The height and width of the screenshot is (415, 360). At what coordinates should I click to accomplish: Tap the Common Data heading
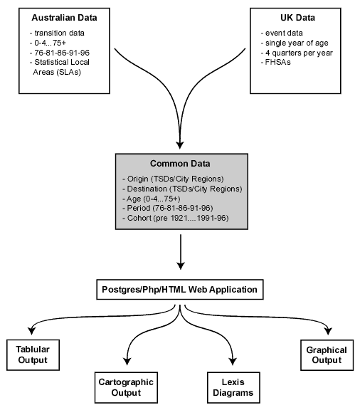click(x=179, y=162)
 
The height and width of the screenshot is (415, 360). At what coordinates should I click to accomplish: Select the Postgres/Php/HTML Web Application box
click(x=180, y=290)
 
